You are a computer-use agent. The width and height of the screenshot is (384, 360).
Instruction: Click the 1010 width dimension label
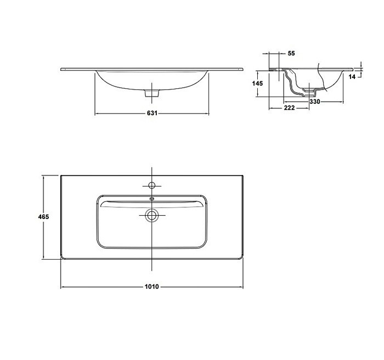(x=152, y=286)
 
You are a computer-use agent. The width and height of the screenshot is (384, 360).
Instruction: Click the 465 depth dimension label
(x=43, y=217)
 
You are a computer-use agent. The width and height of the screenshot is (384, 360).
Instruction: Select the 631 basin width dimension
(x=152, y=113)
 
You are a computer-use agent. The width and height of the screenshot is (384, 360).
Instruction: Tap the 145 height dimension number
(x=257, y=83)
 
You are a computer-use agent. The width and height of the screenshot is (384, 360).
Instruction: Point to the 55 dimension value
(x=291, y=53)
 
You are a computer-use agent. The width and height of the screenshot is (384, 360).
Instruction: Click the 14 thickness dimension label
(x=352, y=77)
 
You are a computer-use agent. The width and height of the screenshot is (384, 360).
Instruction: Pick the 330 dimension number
(x=315, y=102)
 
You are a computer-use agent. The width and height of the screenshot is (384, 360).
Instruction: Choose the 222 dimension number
(x=289, y=108)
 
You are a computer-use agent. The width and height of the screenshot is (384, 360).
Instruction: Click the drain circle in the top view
(x=152, y=216)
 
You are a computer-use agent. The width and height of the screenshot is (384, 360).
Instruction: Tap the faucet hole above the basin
(x=152, y=185)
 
